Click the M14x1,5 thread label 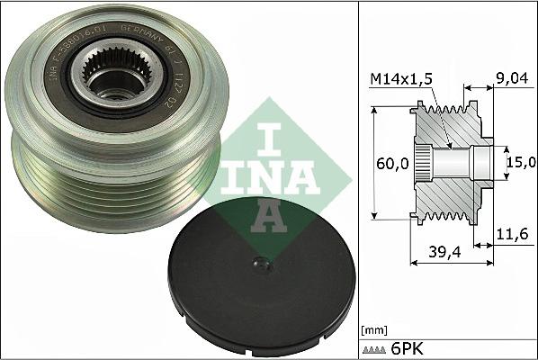point(402,80)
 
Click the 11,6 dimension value point(512,234)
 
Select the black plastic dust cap point(262,287)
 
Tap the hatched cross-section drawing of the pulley point(450,162)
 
